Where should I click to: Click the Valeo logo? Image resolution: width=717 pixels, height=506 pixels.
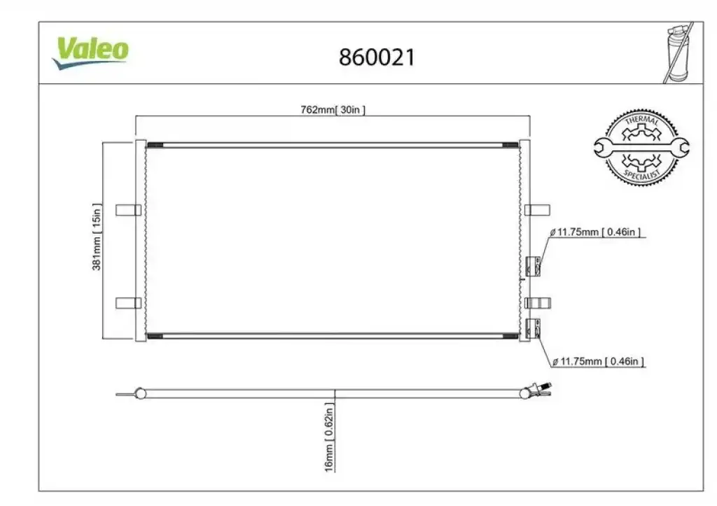click(x=90, y=53)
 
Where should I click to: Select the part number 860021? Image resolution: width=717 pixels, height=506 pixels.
click(x=377, y=57)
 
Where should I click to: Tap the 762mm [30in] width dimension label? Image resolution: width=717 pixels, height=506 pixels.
click(x=333, y=110)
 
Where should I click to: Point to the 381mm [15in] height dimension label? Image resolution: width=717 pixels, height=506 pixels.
click(x=97, y=237)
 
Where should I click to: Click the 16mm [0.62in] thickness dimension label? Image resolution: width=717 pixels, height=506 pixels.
click(x=329, y=437)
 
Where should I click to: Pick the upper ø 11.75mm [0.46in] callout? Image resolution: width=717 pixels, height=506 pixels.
click(x=595, y=232)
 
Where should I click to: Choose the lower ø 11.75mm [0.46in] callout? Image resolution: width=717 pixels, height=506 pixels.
click(x=598, y=362)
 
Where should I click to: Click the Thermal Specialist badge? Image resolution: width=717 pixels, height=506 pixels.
click(x=641, y=148)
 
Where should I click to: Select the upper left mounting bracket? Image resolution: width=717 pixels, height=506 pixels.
click(x=129, y=210)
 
